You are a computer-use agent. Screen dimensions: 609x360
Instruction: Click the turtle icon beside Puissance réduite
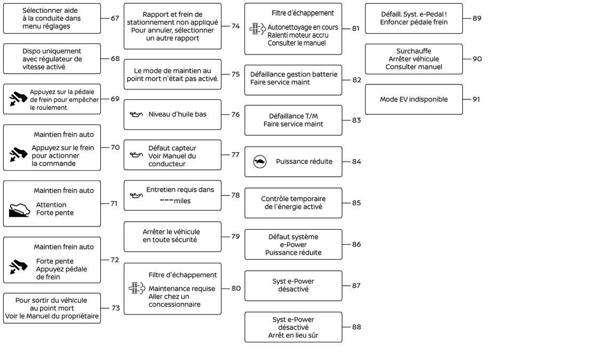click(260, 161)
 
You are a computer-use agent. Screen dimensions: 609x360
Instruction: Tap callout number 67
click(115, 18)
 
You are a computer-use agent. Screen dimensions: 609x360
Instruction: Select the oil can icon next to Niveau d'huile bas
click(136, 114)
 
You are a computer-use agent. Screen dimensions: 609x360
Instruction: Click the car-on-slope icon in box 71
click(19, 210)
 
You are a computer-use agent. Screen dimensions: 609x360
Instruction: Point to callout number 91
click(477, 99)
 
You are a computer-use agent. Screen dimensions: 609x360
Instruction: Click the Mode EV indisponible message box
click(414, 99)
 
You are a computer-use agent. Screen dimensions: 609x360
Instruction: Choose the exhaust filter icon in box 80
click(136, 288)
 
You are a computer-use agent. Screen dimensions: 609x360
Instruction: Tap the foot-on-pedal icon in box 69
click(18, 99)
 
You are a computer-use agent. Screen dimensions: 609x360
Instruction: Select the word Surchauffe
click(414, 51)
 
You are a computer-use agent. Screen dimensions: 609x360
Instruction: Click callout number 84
click(357, 161)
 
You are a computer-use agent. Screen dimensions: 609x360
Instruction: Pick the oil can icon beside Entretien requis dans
click(136, 195)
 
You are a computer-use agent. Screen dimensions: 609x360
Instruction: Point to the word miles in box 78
click(182, 201)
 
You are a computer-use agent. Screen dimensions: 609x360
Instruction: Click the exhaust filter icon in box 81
click(257, 29)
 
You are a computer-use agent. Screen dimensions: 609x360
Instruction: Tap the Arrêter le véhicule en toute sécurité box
click(172, 237)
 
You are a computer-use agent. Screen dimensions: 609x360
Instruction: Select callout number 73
click(116, 308)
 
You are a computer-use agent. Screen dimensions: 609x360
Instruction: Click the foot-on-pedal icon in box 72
click(18, 267)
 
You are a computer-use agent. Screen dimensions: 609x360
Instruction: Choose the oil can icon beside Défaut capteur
click(136, 155)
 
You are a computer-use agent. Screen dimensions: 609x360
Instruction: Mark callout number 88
click(357, 327)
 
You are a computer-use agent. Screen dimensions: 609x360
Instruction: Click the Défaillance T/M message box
click(293, 120)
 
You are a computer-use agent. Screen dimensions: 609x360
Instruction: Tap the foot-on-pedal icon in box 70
click(18, 154)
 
